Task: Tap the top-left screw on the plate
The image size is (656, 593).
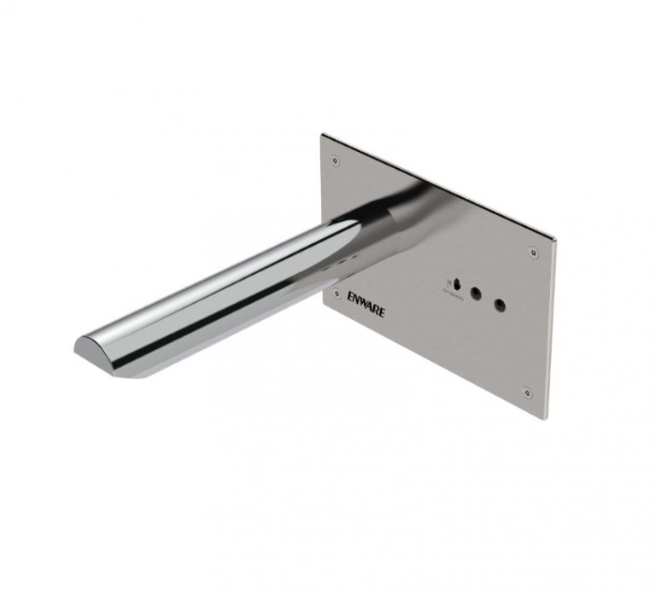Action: point(336,159)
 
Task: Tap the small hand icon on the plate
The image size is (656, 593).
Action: point(454,283)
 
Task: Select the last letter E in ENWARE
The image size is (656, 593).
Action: point(382,311)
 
